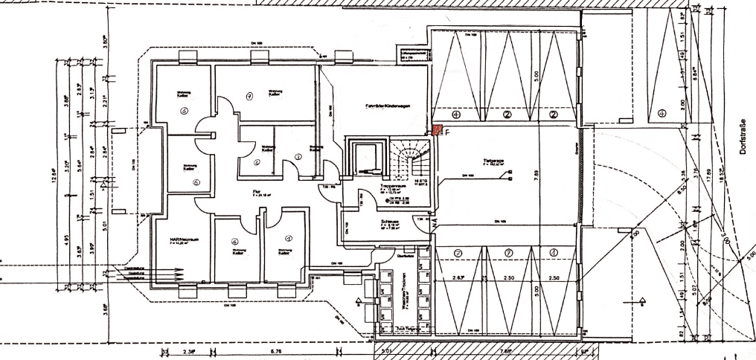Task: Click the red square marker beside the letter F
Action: point(438,131)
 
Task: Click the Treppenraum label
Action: point(392,185)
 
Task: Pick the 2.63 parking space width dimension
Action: point(459,277)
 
